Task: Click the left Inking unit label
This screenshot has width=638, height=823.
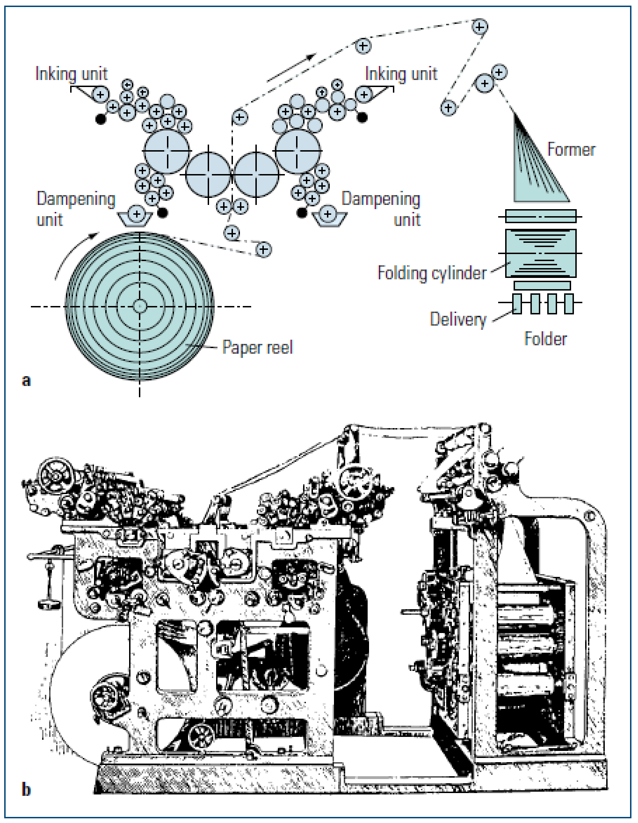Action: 72,74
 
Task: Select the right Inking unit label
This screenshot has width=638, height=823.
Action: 401,74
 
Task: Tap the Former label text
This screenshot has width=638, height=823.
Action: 571,150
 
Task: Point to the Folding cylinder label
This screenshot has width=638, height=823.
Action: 432,273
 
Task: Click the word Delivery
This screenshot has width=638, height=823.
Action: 458,320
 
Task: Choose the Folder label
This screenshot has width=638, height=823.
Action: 545,339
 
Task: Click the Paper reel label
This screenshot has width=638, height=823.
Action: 257,348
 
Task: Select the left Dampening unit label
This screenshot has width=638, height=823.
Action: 75,209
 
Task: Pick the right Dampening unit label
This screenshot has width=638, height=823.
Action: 381,209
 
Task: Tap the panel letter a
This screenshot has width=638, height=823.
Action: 27,380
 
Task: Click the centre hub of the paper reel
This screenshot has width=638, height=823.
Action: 139,306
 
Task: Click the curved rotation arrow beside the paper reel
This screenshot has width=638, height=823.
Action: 70,253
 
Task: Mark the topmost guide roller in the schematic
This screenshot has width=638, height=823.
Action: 479,27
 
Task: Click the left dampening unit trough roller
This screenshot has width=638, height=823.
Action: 137,214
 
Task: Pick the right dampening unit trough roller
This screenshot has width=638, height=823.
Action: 328,214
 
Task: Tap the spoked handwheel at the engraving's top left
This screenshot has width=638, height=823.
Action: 57,476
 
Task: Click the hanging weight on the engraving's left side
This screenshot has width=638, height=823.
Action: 49,604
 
